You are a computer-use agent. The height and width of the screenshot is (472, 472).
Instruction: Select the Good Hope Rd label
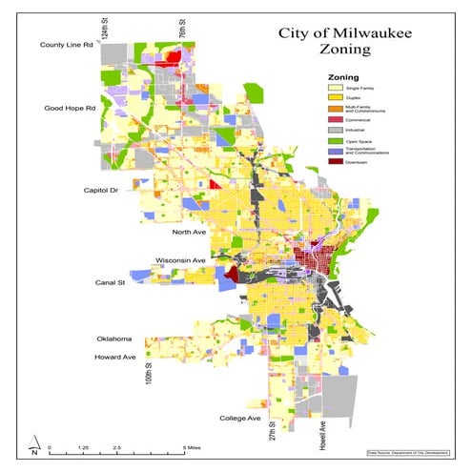point(70,109)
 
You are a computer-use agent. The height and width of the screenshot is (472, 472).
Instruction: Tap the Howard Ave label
point(119,357)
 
